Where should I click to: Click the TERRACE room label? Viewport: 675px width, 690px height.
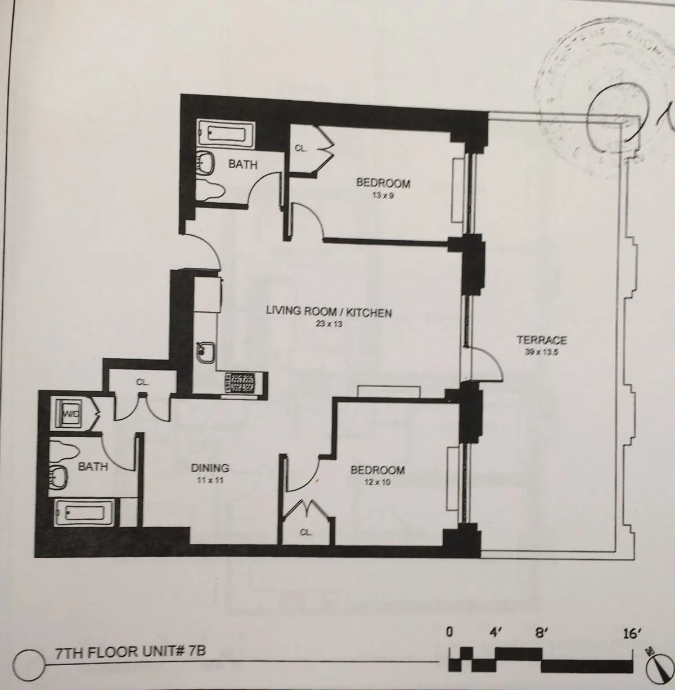(541, 340)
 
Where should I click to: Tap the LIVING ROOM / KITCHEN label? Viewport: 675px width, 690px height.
(328, 312)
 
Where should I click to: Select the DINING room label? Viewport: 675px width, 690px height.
(209, 468)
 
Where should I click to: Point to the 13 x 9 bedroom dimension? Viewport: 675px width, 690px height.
(382, 195)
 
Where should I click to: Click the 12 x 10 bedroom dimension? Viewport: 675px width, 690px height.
(377, 482)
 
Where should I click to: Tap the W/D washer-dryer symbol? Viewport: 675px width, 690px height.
(71, 414)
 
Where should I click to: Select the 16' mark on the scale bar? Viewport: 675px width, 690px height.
(632, 634)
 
